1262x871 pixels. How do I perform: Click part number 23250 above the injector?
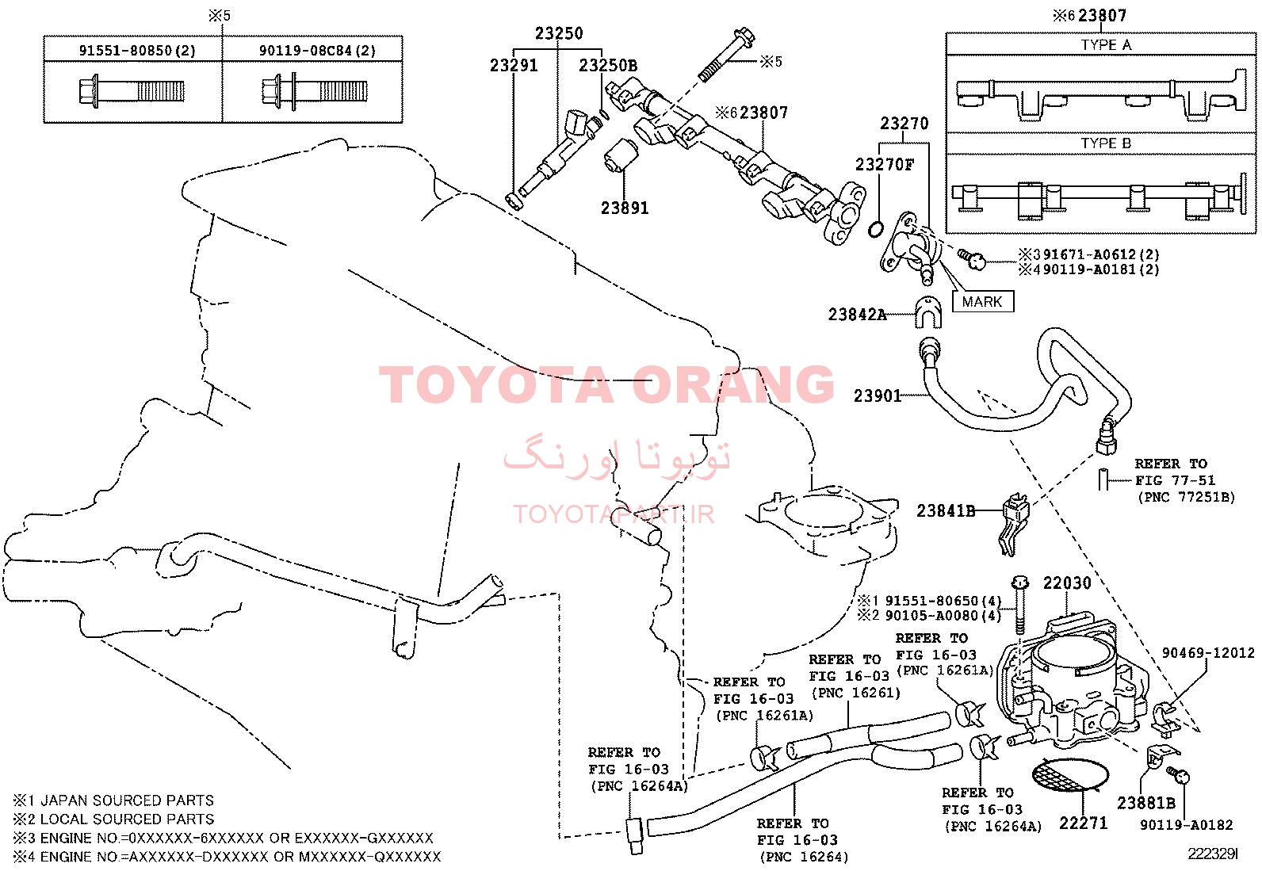click(558, 33)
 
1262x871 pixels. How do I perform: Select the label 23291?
click(513, 65)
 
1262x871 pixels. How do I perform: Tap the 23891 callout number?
click(624, 208)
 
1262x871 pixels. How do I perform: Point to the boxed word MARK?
click(982, 301)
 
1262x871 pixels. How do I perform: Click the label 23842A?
click(857, 315)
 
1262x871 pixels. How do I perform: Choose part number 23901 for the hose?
click(878, 396)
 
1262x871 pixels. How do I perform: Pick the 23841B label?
click(946, 510)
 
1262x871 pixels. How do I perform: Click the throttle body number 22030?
click(1066, 583)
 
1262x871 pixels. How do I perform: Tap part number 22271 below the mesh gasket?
click(1083, 823)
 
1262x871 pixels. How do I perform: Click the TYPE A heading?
click(1106, 45)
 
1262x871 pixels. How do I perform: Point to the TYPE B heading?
click(1106, 143)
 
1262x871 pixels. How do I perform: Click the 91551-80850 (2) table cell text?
click(137, 51)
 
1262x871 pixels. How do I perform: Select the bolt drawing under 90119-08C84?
click(315, 90)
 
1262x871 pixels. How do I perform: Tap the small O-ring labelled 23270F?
click(875, 229)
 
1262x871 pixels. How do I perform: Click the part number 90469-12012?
click(1208, 653)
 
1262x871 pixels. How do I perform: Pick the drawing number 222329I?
click(1212, 854)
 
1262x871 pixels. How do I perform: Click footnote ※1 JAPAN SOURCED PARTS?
click(113, 800)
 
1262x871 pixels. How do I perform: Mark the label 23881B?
click(1146, 803)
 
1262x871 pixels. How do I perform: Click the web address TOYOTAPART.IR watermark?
click(613, 514)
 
